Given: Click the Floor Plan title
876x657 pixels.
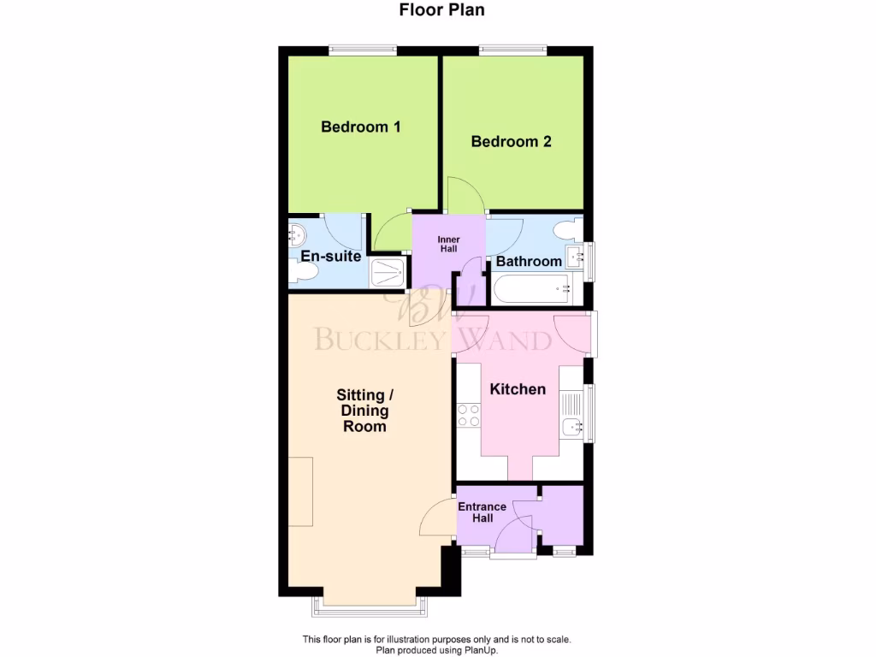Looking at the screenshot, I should coord(441,10).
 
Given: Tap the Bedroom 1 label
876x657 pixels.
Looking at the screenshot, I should coord(360,127).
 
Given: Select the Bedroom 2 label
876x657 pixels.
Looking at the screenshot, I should coord(511,142).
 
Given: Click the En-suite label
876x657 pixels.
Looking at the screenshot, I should coord(330,256).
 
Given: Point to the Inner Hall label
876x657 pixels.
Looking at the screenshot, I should coord(448,244).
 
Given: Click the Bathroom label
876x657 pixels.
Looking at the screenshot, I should coord(529,261).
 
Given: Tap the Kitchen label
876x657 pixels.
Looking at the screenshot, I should coord(517,389).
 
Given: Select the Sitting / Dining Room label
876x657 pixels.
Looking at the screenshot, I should coord(364,411).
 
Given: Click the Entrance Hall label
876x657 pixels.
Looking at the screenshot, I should coord(482,512).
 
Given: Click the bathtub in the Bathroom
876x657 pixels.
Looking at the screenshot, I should coord(536,290).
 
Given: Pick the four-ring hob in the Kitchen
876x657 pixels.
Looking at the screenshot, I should coord(468,416).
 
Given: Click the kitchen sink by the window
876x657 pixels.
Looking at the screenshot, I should coord(571,425).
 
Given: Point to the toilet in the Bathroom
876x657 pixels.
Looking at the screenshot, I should coord(565,229).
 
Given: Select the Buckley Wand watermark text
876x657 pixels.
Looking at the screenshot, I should coord(432,340).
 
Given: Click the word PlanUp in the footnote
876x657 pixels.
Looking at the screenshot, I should coord(480,650).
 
